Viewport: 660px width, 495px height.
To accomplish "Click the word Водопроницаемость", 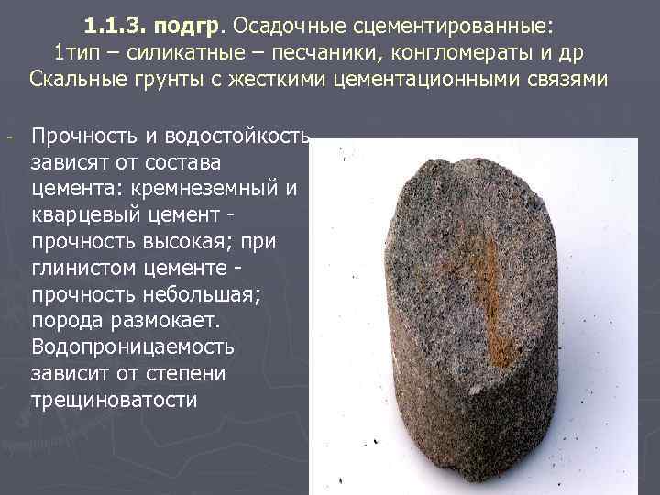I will pos(132,348).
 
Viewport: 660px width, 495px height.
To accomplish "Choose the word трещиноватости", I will pos(114,401).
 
